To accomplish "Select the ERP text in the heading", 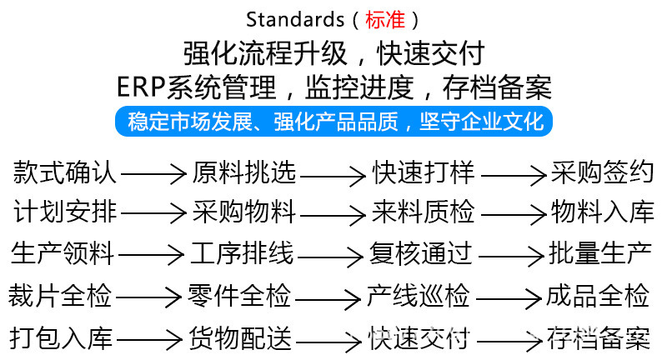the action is click(140, 86).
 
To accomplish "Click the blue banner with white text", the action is click(334, 121).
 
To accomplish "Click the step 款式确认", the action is click(65, 173).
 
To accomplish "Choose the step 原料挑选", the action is click(244, 173).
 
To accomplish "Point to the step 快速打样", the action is click(423, 173).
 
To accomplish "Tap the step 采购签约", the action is click(602, 173).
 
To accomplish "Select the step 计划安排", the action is click(65, 212).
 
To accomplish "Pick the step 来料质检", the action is click(423, 212).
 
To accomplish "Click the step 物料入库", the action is click(602, 212).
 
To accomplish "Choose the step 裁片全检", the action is click(60, 295).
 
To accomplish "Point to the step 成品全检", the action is click(598, 295).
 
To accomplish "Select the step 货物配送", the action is click(240, 338).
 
